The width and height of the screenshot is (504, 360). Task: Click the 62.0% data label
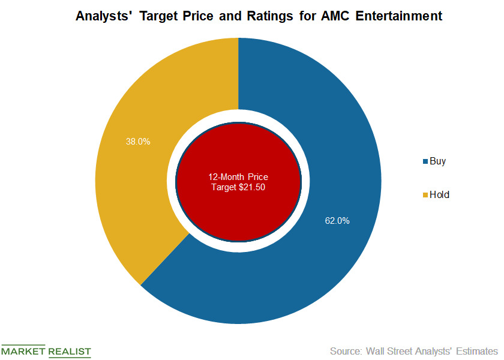[337, 221]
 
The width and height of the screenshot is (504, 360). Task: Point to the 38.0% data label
[137, 142]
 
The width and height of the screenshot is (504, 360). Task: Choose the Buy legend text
[439, 161]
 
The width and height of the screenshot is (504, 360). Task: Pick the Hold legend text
[440, 195]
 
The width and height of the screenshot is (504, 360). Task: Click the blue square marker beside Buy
[426, 162]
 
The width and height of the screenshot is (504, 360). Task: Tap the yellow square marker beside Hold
[426, 195]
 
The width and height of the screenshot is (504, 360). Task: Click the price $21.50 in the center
[253, 187]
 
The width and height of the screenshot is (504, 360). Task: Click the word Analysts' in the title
[101, 17]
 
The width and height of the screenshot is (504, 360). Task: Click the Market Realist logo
[46, 351]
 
